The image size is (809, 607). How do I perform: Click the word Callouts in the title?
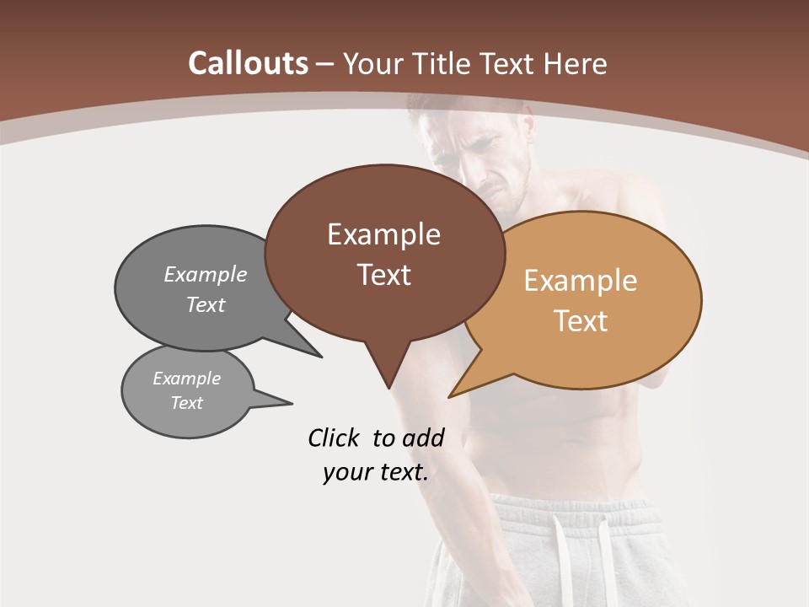click(x=248, y=63)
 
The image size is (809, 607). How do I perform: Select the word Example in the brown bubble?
click(x=383, y=234)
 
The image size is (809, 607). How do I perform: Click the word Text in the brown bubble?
click(x=383, y=274)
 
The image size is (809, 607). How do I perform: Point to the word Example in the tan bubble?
click(x=581, y=281)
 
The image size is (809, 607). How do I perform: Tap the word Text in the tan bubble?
click(x=581, y=320)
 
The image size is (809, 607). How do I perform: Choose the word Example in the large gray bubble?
click(x=206, y=274)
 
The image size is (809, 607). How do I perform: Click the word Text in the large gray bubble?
click(x=206, y=304)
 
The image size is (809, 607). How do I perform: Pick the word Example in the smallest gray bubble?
click(x=186, y=379)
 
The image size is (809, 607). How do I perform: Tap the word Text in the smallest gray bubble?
click(x=186, y=403)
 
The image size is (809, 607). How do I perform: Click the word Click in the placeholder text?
click(x=333, y=438)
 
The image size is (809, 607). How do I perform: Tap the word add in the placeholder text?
click(x=422, y=438)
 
